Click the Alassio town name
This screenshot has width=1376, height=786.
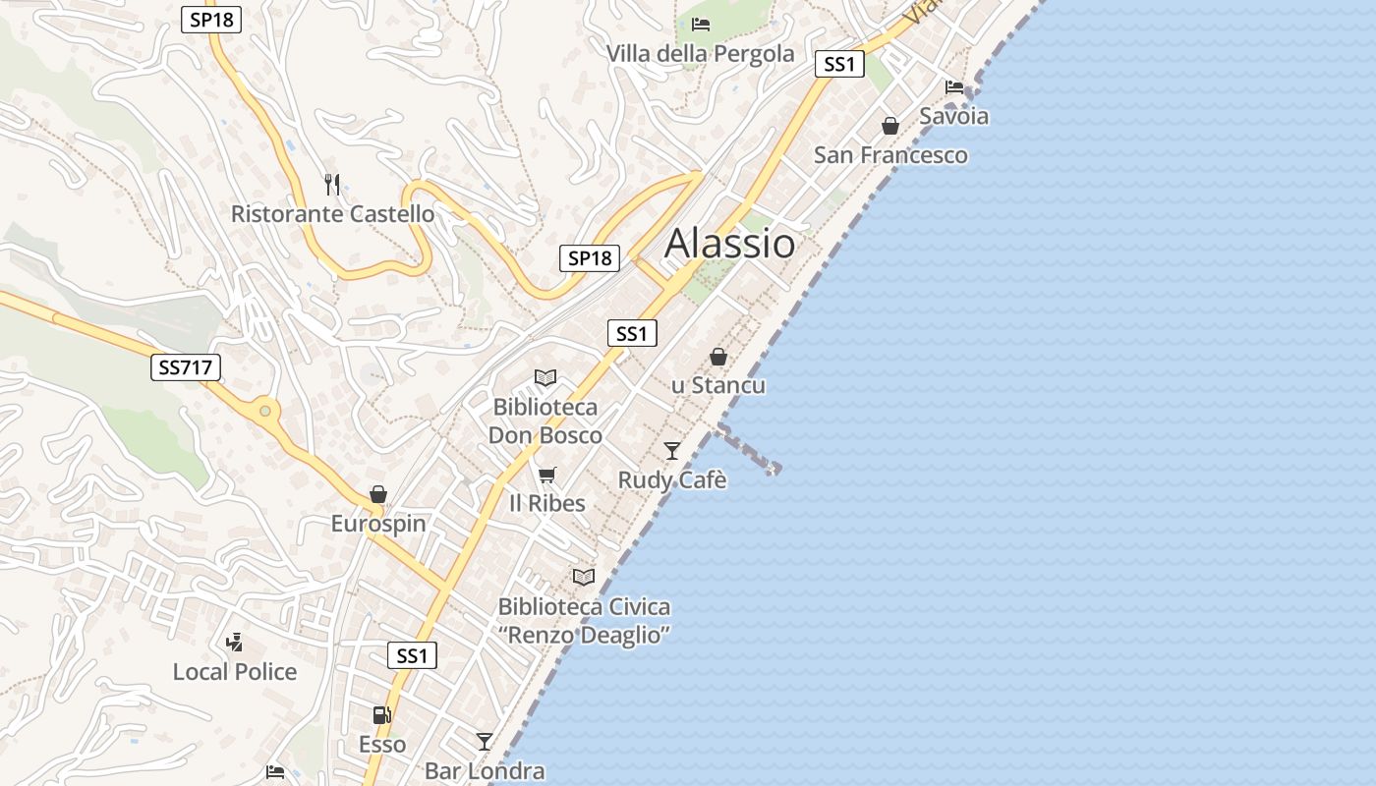tap(729, 243)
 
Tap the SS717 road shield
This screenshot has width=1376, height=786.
tap(186, 368)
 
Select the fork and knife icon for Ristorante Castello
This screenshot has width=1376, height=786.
tap(332, 184)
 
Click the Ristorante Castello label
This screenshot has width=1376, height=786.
tap(332, 213)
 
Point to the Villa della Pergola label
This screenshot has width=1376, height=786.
tap(700, 53)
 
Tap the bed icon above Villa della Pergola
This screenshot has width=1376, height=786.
tap(701, 24)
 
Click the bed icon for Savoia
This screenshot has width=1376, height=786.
tap(954, 86)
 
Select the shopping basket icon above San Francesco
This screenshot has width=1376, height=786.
tap(890, 126)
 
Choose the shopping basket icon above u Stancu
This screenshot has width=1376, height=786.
tap(718, 357)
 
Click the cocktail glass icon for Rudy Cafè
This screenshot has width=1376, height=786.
tap(672, 450)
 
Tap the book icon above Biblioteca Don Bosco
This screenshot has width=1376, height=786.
tap(545, 377)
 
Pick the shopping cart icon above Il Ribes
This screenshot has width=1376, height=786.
tap(547, 475)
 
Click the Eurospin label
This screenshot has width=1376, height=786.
tap(378, 523)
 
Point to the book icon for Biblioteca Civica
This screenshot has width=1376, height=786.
tap(584, 577)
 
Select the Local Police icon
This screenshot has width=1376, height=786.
tap(234, 643)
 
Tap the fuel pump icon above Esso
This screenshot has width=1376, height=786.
tap(381, 715)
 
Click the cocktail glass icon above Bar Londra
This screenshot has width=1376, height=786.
tap(485, 741)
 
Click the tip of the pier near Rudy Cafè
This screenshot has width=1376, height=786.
tap(774, 469)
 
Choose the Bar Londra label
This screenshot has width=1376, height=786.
tap(485, 770)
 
